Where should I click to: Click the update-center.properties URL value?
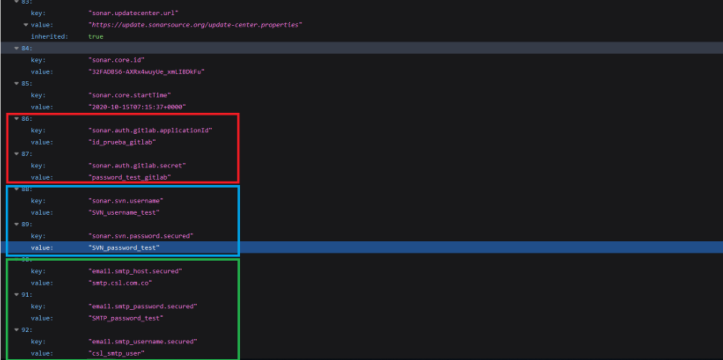point(195,25)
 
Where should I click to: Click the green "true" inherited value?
point(96,37)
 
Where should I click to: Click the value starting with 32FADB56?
point(146,72)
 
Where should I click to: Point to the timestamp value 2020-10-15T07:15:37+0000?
point(137,107)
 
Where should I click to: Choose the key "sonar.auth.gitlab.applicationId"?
point(150,130)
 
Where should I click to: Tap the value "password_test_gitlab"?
point(130,177)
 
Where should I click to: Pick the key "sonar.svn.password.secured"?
point(141,236)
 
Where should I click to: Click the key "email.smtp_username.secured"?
point(143,341)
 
